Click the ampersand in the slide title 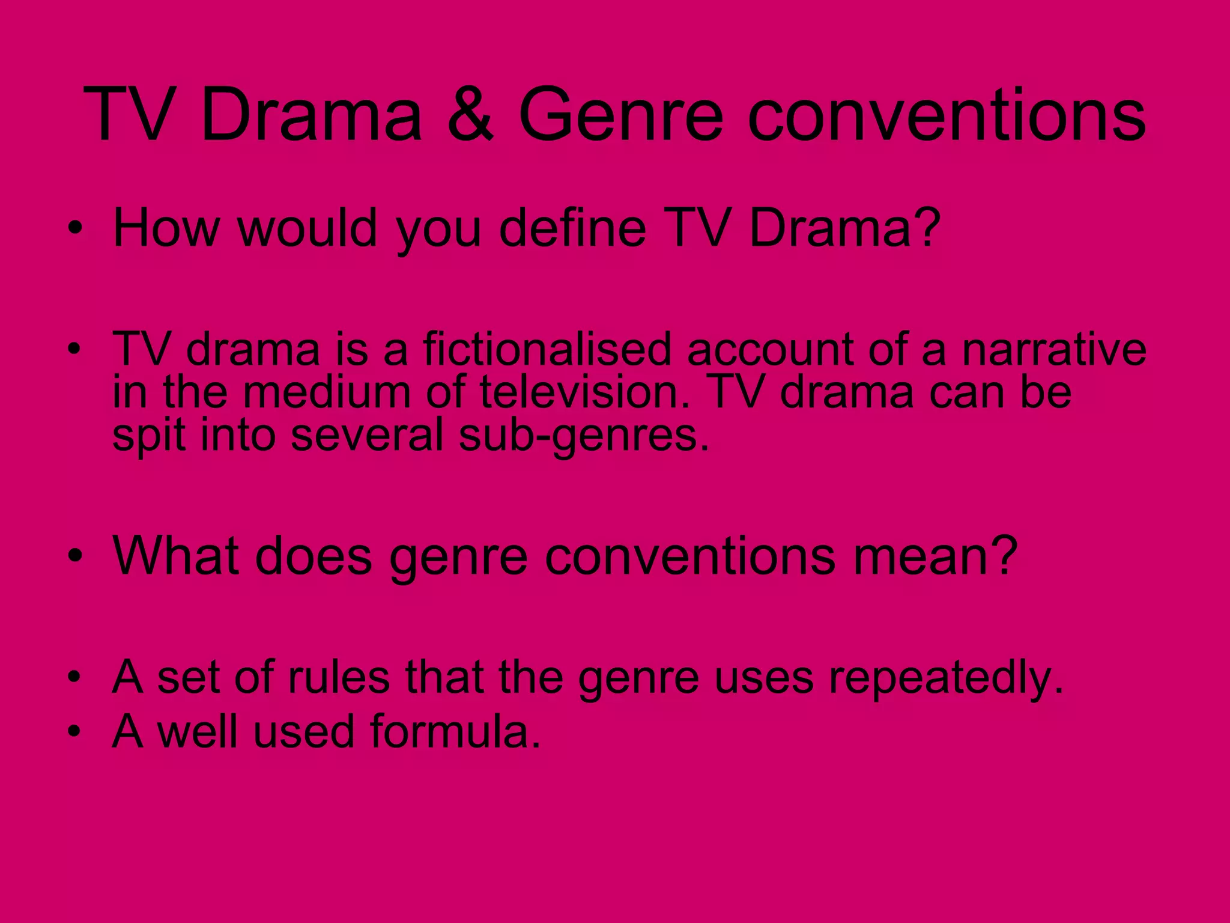[470, 114]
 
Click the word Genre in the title [620, 114]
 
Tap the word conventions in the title [947, 114]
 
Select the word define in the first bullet [572, 228]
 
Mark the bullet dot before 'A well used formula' [74, 731]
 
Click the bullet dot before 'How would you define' [74, 228]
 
